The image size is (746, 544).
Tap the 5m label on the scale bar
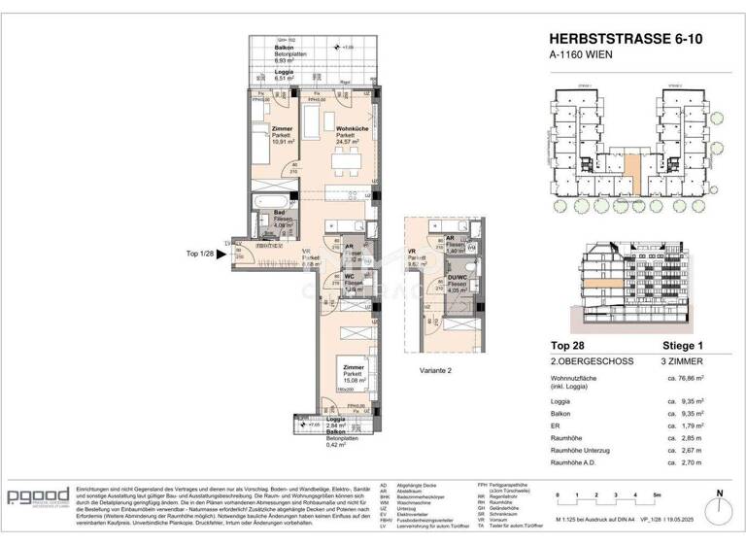(x=658, y=495)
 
